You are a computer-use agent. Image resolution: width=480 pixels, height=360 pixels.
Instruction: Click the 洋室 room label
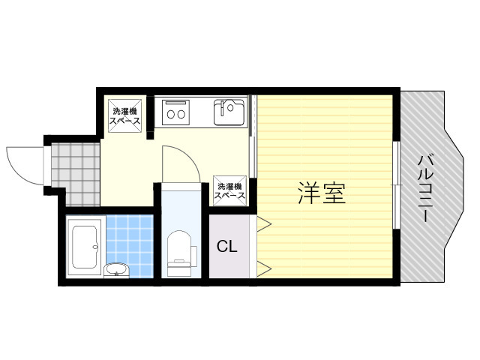[322, 193]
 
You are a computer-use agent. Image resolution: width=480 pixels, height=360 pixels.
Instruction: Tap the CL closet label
[226, 246]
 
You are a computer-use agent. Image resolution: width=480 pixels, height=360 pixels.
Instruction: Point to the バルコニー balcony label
[426, 188]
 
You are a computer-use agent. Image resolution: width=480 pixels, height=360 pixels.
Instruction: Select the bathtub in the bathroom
[85, 247]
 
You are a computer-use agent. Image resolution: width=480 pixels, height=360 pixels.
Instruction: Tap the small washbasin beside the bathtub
[116, 271]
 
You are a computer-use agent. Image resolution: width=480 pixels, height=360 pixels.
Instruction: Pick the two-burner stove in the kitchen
[175, 112]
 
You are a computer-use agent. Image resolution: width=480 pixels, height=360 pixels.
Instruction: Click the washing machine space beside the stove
[125, 115]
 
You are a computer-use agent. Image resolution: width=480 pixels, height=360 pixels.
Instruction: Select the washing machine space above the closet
[229, 190]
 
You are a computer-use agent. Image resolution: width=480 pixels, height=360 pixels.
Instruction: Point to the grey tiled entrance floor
[76, 174]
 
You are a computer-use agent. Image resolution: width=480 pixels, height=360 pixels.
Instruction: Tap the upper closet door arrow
[264, 223]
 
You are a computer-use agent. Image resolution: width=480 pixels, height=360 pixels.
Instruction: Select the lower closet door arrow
[264, 269]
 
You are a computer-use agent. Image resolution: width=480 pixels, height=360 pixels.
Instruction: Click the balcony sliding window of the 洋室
[397, 185]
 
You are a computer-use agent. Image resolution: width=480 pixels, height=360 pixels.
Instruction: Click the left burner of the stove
[170, 115]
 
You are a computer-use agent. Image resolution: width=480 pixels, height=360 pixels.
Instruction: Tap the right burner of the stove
[181, 115]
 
